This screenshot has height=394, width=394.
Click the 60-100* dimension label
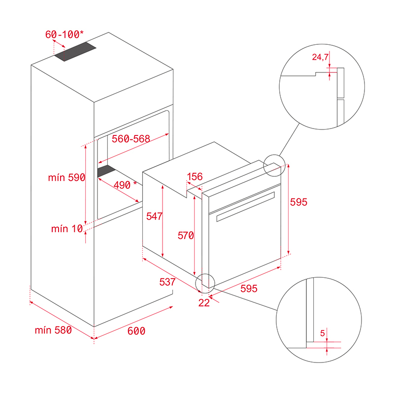(65, 34)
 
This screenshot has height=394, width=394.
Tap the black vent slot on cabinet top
(75, 51)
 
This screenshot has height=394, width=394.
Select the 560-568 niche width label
(131, 139)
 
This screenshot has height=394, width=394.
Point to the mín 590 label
(66, 178)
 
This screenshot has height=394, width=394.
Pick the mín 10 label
(66, 229)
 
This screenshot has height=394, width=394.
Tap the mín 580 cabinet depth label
(53, 330)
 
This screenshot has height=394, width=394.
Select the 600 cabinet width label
(136, 331)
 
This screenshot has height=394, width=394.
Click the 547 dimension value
(155, 216)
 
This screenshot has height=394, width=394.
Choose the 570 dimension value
(186, 236)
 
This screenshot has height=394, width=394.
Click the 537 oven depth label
(168, 282)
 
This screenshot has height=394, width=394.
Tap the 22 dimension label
(204, 303)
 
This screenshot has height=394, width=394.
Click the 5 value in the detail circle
(323, 333)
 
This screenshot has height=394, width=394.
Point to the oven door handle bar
(243, 205)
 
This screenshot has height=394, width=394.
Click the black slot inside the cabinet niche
(106, 171)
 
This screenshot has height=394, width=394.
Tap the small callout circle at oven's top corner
(274, 165)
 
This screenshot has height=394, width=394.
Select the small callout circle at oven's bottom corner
(205, 281)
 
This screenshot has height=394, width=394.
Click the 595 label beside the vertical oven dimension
(298, 202)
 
